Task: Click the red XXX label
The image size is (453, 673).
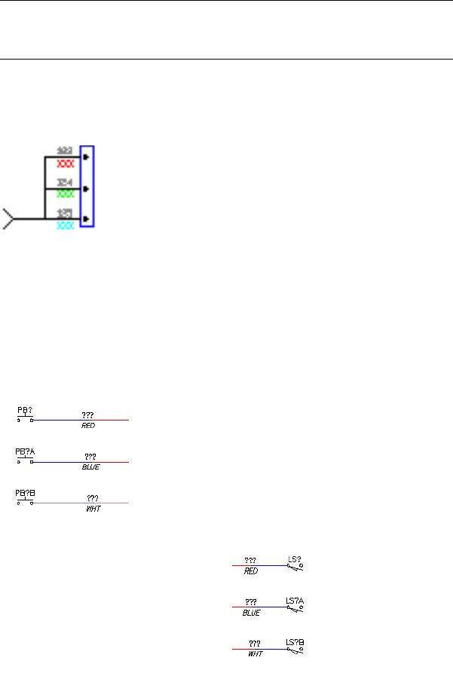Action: point(66,163)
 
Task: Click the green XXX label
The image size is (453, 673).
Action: point(66,194)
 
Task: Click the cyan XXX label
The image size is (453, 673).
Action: point(66,225)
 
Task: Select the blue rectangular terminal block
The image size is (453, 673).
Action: point(87,186)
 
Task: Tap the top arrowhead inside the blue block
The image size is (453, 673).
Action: point(87,158)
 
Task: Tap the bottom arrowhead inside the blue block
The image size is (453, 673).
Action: point(87,219)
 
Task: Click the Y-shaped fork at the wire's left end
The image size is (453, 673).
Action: point(8,219)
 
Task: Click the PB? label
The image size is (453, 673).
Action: point(25,411)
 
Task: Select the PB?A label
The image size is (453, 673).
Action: point(26,452)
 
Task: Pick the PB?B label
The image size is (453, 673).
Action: point(26,493)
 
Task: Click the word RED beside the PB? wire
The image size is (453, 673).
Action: point(88,426)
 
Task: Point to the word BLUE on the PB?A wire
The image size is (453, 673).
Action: point(90,467)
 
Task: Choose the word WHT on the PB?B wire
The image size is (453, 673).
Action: point(93,509)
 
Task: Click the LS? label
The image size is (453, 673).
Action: point(295,560)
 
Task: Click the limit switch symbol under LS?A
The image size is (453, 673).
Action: point(295,608)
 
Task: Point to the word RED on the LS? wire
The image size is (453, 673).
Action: point(251,571)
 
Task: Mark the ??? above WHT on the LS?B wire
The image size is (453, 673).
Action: point(255,643)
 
